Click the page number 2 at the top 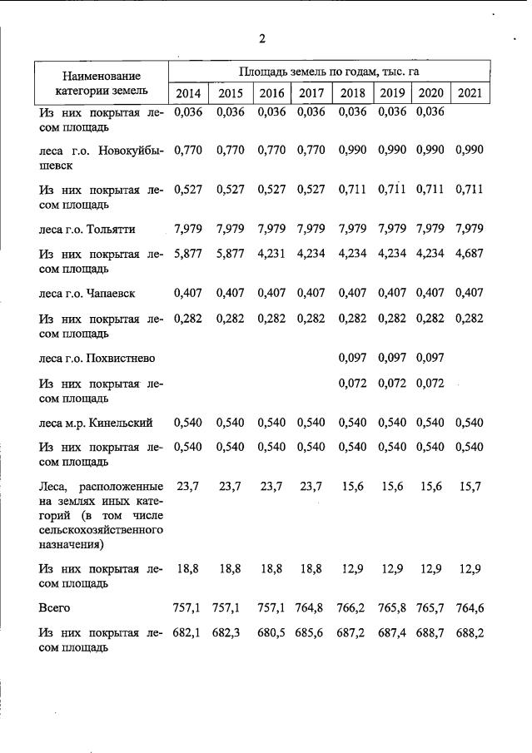[262, 38]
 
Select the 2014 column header [187, 92]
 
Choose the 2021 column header [470, 92]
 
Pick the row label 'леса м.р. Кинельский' [96, 423]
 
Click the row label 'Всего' [55, 608]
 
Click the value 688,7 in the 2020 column [430, 633]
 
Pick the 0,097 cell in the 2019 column [391, 358]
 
